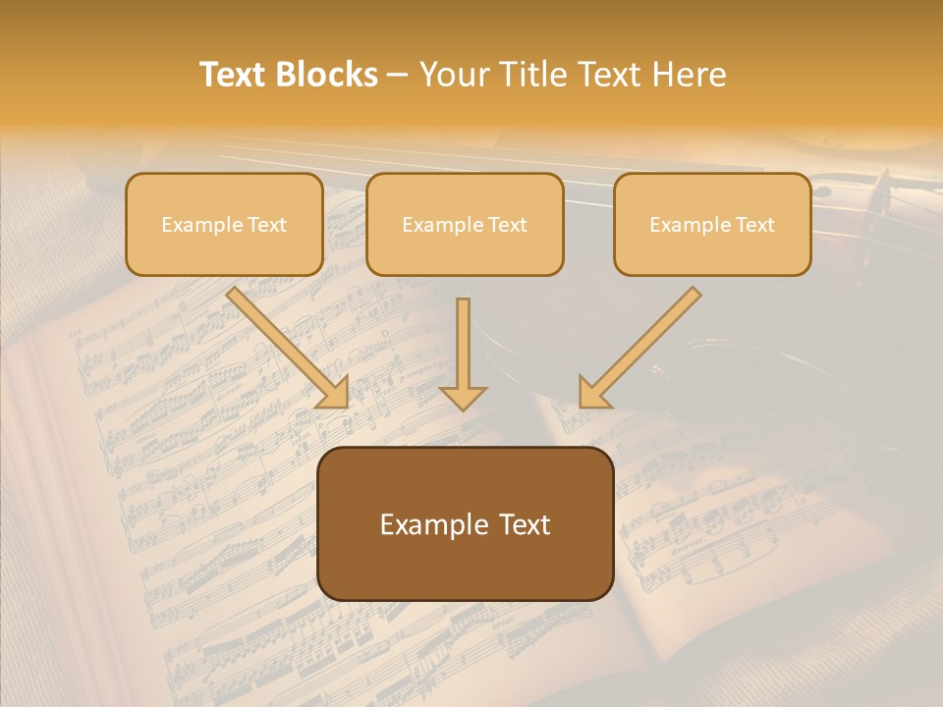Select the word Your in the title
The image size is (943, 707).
pos(451,75)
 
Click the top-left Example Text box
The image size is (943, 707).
pos(224,225)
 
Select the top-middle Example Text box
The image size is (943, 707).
pos(465,225)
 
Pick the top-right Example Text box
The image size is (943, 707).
pos(712,225)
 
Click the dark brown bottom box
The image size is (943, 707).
pos(466,523)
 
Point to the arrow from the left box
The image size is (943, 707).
pos(285,345)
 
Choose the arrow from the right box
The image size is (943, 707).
pos(643,344)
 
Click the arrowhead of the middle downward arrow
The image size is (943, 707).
pos(463,397)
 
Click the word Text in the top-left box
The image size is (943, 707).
pos(267,225)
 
